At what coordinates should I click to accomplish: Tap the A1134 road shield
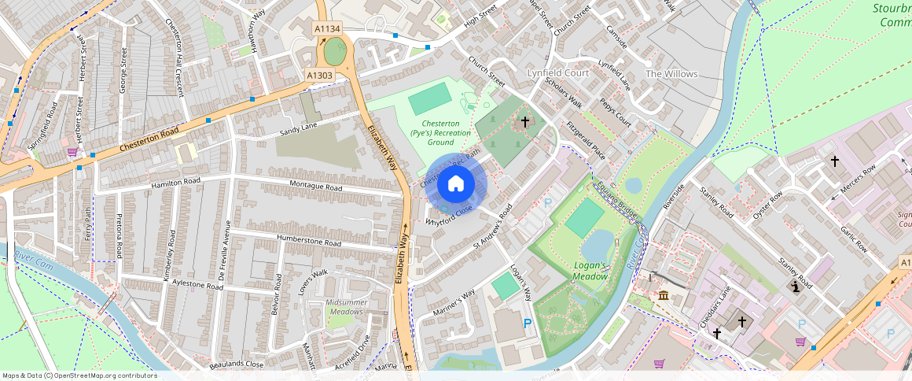[327, 29]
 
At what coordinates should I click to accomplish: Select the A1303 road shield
[319, 76]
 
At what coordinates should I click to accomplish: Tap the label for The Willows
[671, 74]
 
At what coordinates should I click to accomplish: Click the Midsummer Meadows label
[347, 307]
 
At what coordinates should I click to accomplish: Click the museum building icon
[664, 296]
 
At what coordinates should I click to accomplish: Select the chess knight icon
[794, 288]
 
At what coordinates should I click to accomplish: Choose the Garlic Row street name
[852, 238]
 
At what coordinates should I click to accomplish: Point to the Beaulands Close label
[237, 364]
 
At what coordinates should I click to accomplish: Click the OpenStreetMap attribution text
[79, 375]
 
